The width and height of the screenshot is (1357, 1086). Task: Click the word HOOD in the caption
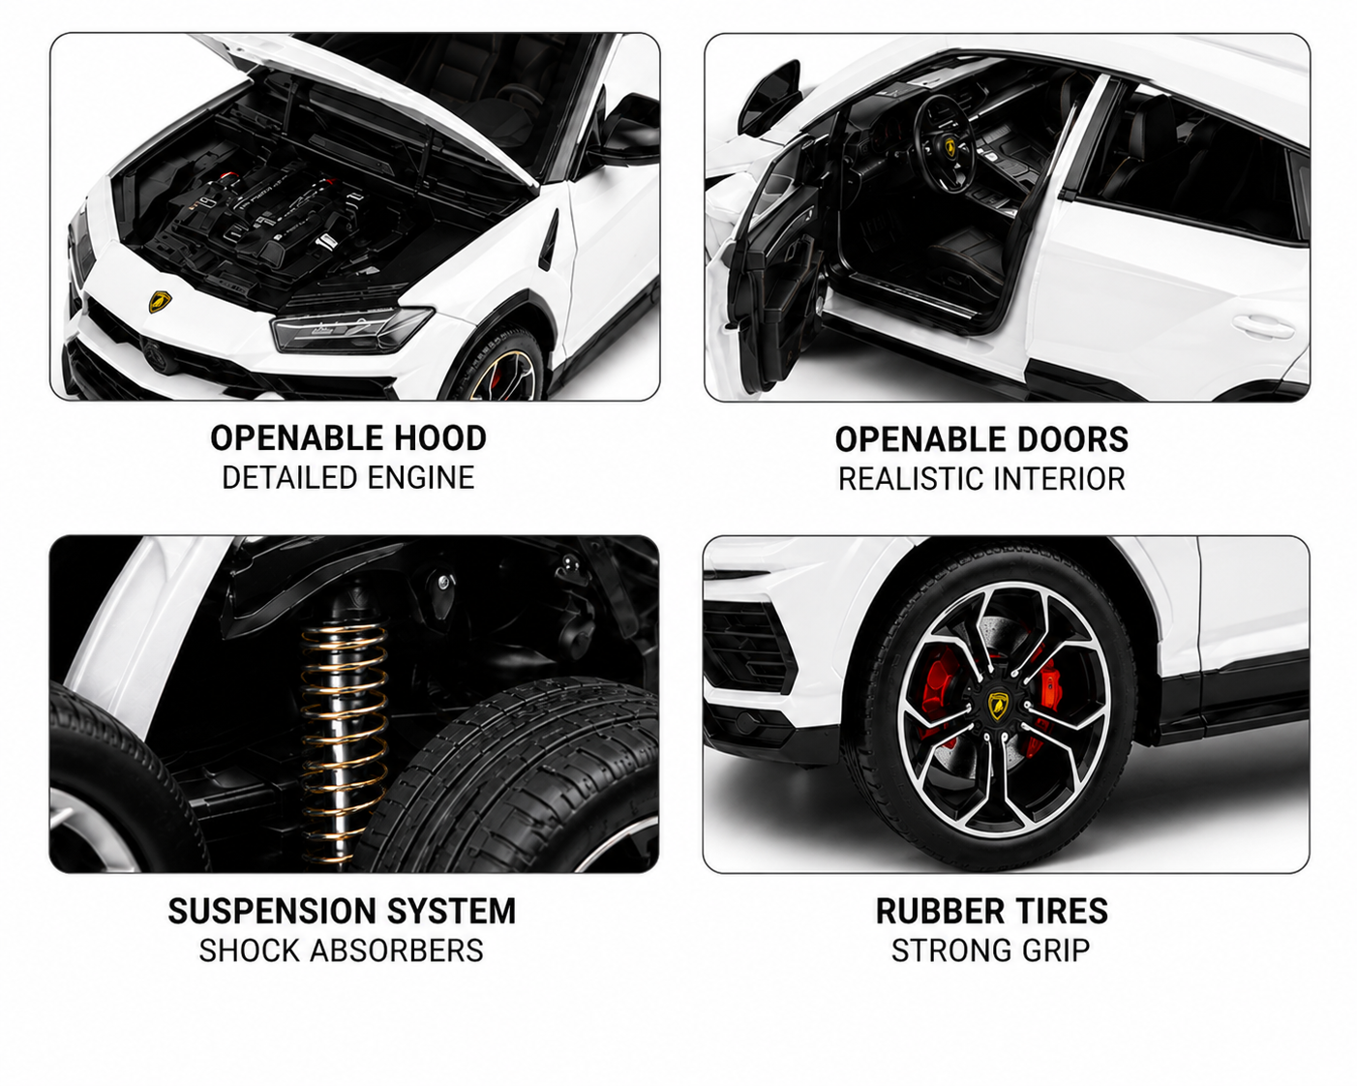coord(440,438)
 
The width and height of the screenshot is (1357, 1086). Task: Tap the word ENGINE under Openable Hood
coord(421,477)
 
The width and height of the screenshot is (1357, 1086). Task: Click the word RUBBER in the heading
coord(940,912)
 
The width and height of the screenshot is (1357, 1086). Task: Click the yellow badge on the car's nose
coord(160,301)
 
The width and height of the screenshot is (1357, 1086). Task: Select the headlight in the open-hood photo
coord(352,329)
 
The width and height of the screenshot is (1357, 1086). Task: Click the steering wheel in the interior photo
coord(945,144)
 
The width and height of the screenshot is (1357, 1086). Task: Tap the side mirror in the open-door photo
coord(769,97)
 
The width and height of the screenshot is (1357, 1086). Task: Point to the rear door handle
coord(1263,327)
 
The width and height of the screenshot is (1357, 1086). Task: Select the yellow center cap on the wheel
coord(998,706)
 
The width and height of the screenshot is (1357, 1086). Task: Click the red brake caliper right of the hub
coord(1048,687)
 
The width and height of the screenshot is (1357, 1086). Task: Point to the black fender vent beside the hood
coord(548,240)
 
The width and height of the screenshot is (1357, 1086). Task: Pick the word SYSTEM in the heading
coord(452,912)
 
